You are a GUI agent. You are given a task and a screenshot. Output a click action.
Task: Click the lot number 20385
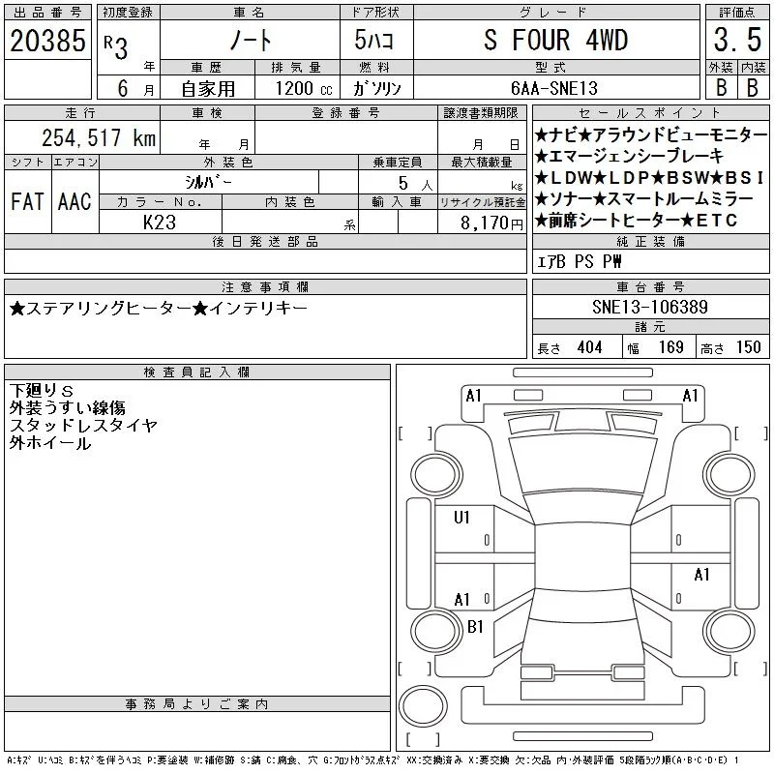[47, 41]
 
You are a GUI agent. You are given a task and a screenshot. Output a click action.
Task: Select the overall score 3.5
[737, 40]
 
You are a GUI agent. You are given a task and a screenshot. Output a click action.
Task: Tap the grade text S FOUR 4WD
[555, 40]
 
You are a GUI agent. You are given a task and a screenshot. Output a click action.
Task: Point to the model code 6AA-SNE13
[554, 88]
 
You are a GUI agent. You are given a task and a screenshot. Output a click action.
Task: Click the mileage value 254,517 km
[99, 137]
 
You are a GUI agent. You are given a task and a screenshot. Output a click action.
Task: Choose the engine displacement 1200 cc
[304, 88]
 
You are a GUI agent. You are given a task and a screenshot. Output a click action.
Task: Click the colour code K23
[160, 223]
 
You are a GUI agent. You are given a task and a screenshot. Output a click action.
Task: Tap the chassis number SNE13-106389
[650, 307]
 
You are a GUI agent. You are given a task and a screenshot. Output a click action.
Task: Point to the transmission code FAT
[28, 202]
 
